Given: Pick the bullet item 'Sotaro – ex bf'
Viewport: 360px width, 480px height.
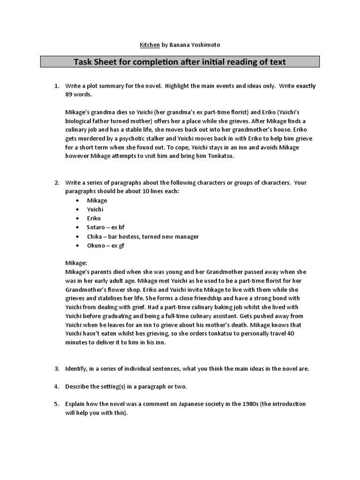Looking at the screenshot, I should click(x=105, y=227).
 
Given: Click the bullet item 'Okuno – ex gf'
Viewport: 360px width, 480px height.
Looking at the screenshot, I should click(x=105, y=245).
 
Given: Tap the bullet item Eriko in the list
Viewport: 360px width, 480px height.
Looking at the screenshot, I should click(x=94, y=218).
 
